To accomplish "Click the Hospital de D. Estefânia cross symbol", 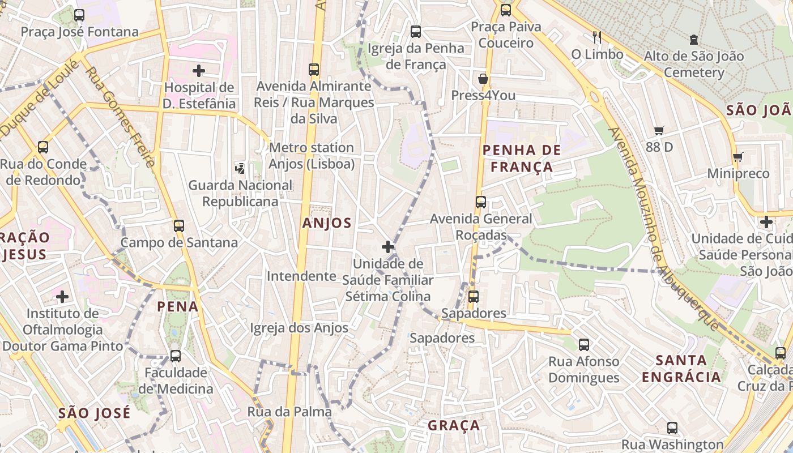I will (198, 71).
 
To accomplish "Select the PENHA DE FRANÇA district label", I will (521, 159).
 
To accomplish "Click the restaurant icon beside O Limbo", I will (596, 37).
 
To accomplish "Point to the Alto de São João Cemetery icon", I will (693, 40).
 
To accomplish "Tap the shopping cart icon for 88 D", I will (659, 131).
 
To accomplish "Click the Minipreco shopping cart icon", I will (737, 157).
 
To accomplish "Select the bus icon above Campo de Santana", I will (179, 226).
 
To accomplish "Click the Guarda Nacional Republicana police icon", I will (240, 168).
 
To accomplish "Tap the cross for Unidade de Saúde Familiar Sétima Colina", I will (388, 247).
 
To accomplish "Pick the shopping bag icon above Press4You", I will (483, 79).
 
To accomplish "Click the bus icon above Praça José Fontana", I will (79, 15).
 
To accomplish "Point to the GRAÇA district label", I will (454, 425).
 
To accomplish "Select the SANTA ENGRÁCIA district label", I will (681, 368).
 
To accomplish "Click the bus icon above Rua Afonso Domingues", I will (583, 344).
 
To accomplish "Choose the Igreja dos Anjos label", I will (299, 328).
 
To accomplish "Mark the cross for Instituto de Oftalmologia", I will (62, 296).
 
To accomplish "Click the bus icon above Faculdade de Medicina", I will (176, 356).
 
